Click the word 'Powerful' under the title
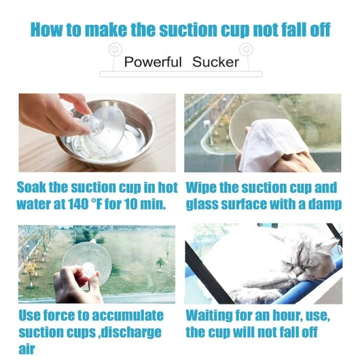(x=153, y=62)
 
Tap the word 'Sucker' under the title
(x=215, y=62)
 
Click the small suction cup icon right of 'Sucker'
(x=246, y=49)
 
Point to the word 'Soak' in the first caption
(x=31, y=187)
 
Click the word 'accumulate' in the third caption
(x=128, y=315)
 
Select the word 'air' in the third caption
(x=27, y=349)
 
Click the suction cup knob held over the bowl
(x=90, y=123)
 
